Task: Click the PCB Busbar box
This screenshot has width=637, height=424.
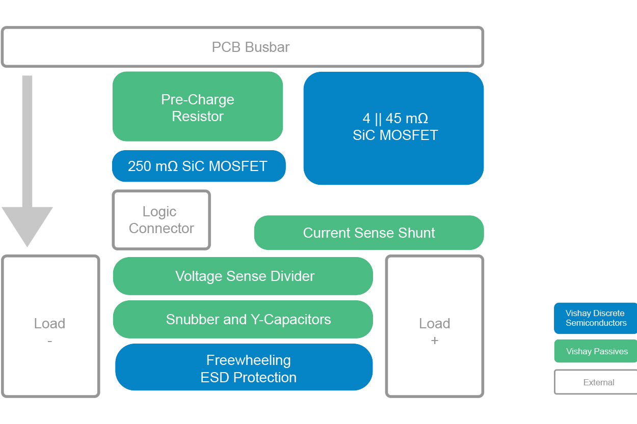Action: pyautogui.click(x=243, y=47)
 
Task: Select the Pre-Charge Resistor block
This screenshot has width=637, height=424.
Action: pyautogui.click(x=198, y=107)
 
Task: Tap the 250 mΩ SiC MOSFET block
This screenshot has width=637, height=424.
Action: pyautogui.click(x=199, y=166)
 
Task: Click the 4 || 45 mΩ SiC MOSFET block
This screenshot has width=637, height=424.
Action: pyautogui.click(x=393, y=128)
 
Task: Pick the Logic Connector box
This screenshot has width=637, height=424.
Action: pyautogui.click(x=161, y=220)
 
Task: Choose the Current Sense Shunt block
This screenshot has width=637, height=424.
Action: pyautogui.click(x=369, y=233)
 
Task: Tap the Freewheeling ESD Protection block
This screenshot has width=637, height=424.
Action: pyautogui.click(x=244, y=368)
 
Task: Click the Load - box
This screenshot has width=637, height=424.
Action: pyautogui.click(x=50, y=326)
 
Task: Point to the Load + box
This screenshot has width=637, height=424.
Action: pyautogui.click(x=434, y=326)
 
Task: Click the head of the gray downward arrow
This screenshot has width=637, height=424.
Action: pyautogui.click(x=27, y=224)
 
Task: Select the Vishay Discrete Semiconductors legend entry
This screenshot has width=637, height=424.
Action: pyautogui.click(x=595, y=318)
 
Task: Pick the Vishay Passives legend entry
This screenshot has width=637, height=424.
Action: pyautogui.click(x=596, y=351)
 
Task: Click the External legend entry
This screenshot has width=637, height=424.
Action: pyautogui.click(x=596, y=382)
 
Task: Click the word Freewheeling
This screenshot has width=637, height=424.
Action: pyautogui.click(x=248, y=360)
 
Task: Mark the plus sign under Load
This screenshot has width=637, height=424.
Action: pyautogui.click(x=434, y=341)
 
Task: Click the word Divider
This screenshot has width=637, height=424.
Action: pyautogui.click(x=293, y=276)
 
